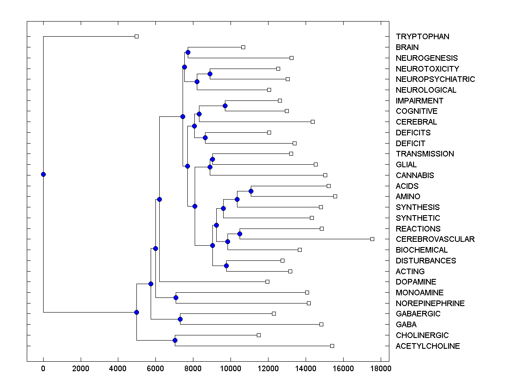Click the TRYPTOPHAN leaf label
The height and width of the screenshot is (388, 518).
[422, 37]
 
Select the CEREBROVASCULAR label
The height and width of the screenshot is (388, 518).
[435, 239]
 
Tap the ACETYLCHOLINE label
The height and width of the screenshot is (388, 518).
[428, 346]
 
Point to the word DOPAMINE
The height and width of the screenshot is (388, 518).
[416, 282]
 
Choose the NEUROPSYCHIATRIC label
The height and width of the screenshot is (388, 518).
[435, 79]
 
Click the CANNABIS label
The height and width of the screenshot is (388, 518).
[415, 175]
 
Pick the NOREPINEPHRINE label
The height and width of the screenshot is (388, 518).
[430, 304]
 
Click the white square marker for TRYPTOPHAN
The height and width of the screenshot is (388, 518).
[136, 36]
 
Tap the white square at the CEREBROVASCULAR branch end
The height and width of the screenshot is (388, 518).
[372, 239]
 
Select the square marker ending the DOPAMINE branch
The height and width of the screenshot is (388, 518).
[267, 282]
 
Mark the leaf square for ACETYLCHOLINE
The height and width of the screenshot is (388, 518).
[332, 346]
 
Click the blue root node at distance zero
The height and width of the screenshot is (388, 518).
[43, 174]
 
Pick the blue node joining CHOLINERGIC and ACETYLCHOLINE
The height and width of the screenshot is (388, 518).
[175, 340]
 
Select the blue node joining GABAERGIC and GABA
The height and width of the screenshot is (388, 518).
[180, 319]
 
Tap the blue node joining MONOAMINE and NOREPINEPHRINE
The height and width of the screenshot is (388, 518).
[176, 297]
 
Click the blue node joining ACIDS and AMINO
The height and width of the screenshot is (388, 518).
[251, 191]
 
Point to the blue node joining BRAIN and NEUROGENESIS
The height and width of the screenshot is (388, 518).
[188, 52]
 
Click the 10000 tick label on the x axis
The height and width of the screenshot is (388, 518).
[231, 369]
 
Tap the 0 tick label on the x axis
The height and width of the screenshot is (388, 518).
[43, 369]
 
